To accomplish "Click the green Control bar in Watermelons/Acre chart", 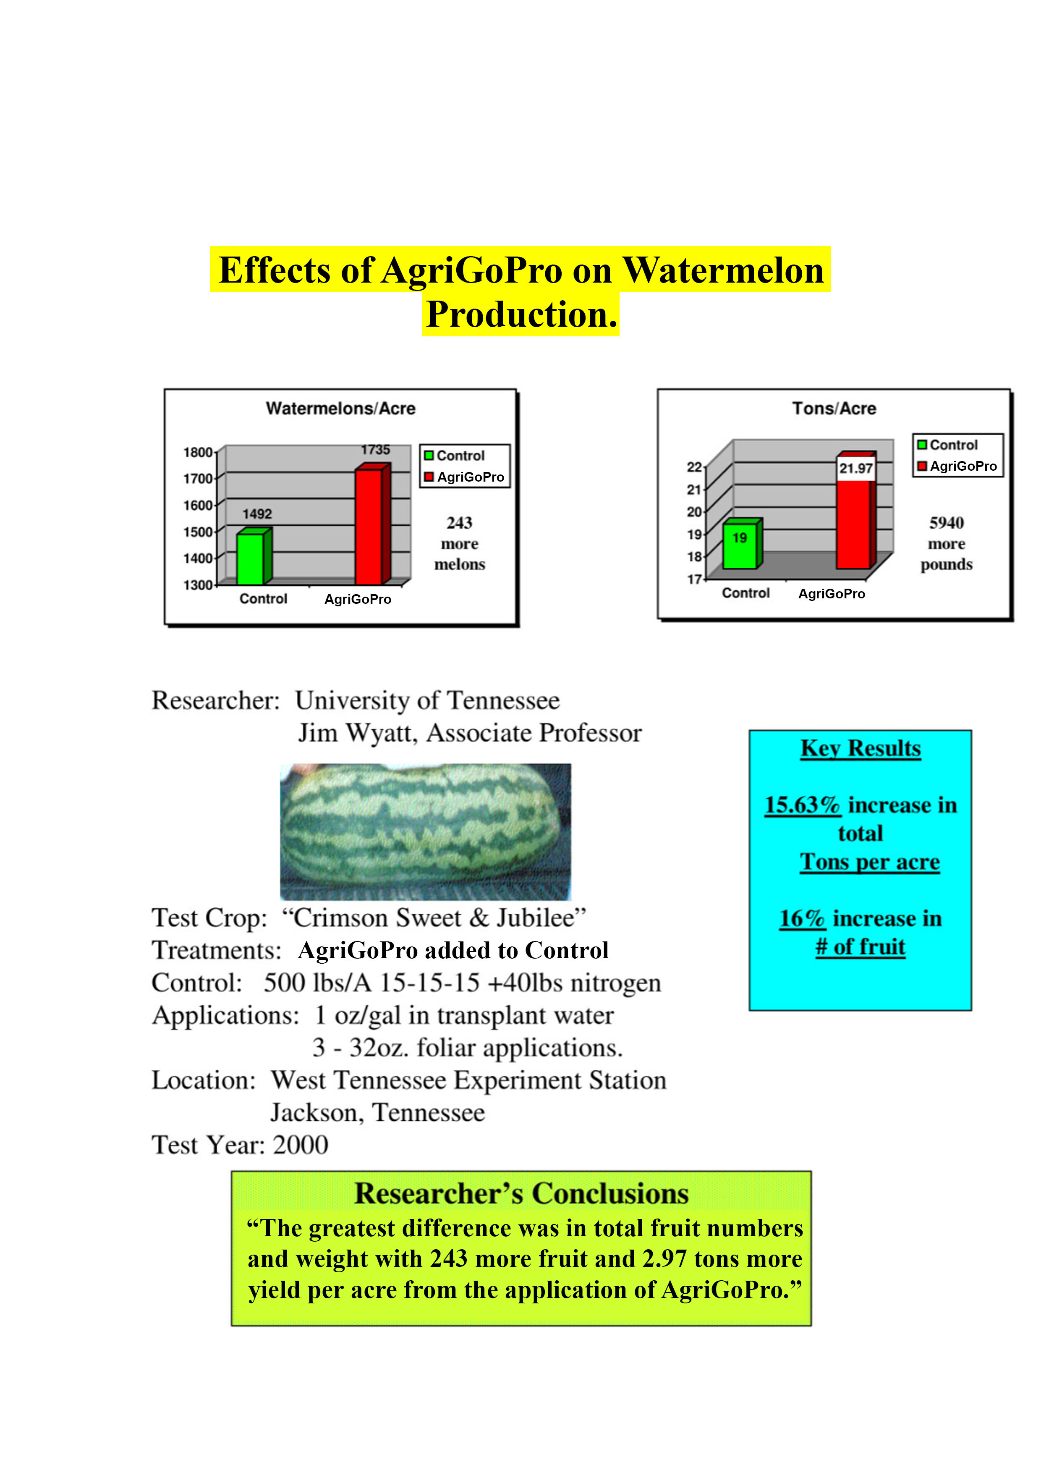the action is (x=254, y=556).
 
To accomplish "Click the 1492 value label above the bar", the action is (x=257, y=514).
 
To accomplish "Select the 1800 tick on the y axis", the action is (x=198, y=452).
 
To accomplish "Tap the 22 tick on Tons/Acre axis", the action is (x=694, y=467).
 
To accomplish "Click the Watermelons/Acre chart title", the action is (x=340, y=409).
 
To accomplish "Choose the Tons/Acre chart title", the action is (x=834, y=409).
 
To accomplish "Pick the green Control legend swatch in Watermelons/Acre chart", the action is (x=429, y=456).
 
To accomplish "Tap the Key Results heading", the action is (x=861, y=749).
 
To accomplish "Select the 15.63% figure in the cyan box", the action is (x=803, y=805).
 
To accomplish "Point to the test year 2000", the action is (x=301, y=1145).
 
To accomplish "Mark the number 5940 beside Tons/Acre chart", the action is (x=947, y=523).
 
